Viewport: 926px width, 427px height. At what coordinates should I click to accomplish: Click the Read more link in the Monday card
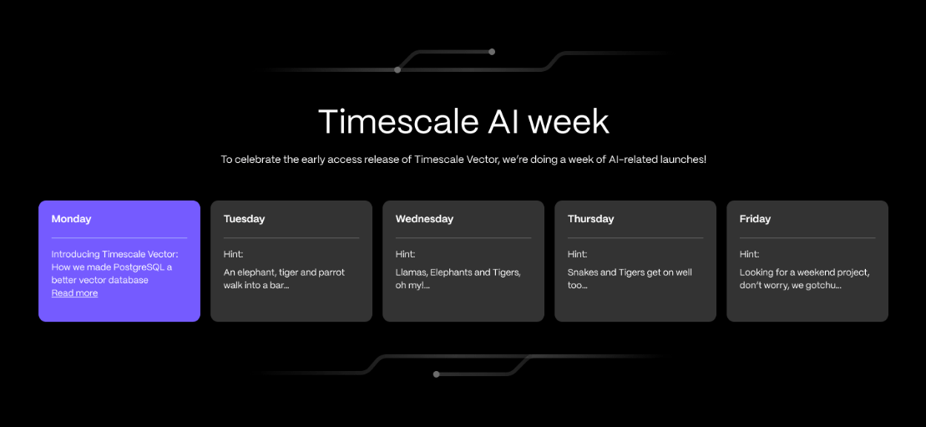point(74,293)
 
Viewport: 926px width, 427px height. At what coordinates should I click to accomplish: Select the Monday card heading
point(72,219)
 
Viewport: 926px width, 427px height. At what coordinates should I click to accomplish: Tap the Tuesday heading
point(244,219)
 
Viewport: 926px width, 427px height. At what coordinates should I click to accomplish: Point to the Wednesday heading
point(424,219)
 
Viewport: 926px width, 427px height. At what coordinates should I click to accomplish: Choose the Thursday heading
point(590,219)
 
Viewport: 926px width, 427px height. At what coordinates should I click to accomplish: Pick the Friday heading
point(755,219)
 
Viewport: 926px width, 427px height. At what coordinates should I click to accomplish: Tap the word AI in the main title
point(503,122)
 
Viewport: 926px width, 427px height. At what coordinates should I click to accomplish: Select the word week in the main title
point(568,122)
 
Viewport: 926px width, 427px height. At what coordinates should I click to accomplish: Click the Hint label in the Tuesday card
point(233,254)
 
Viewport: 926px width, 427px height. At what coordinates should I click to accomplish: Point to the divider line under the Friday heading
point(807,238)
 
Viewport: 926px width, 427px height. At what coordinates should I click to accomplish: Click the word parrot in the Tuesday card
point(331,272)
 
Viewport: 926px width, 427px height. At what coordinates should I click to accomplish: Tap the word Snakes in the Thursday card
point(583,272)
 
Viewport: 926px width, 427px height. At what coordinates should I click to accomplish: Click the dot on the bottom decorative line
point(437,374)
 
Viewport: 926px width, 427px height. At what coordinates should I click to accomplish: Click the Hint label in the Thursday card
point(578,254)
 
